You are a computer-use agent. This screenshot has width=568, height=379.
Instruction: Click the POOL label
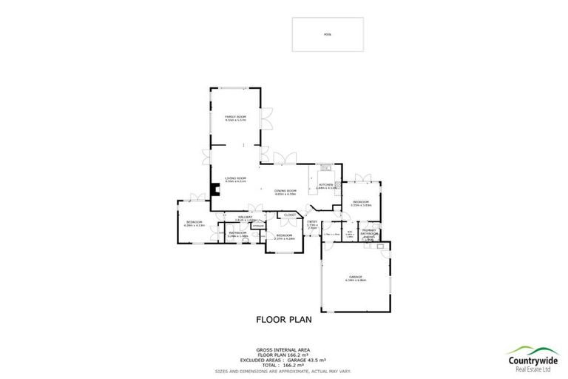328,35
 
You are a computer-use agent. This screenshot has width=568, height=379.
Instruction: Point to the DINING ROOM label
285,190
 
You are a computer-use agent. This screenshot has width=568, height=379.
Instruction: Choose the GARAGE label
356,277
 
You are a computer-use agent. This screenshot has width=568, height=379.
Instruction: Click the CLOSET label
290,215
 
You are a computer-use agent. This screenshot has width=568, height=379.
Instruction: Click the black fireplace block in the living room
215,189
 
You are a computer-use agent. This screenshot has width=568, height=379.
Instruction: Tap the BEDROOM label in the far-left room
195,222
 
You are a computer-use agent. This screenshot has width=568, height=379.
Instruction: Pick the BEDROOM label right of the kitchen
361,202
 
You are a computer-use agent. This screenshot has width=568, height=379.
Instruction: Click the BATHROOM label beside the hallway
237,233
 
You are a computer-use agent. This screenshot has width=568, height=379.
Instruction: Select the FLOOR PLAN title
284,321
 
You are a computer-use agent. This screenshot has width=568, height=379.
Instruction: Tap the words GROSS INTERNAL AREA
283,349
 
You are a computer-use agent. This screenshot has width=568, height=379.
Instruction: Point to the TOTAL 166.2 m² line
283,364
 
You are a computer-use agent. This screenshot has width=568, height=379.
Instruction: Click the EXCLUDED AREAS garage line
283,359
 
